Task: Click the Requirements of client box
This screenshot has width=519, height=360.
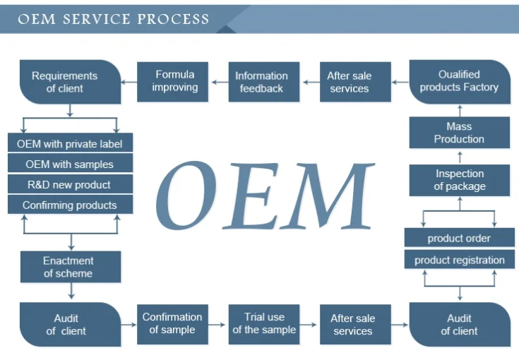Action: click(65, 82)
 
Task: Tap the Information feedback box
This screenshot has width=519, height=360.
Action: click(261, 82)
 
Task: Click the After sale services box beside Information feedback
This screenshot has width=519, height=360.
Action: click(349, 82)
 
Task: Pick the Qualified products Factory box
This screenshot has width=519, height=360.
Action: click(459, 81)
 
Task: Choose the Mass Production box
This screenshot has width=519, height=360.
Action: click(459, 133)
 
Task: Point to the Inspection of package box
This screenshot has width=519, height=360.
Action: click(459, 180)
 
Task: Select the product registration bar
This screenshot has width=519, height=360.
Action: click(459, 260)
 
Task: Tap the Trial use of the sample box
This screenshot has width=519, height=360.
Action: click(264, 324)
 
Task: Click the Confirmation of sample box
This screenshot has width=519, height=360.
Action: click(172, 324)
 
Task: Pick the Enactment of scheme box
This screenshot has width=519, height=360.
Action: click(68, 267)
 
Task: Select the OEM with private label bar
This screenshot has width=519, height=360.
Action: click(69, 144)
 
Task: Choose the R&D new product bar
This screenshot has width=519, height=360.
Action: click(69, 185)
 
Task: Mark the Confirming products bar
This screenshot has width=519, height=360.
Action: click(69, 205)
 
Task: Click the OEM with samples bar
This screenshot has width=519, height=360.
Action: click(69, 164)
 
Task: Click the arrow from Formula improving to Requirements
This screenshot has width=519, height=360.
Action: click(128, 82)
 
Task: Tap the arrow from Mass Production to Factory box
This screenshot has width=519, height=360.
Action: click(460, 110)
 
